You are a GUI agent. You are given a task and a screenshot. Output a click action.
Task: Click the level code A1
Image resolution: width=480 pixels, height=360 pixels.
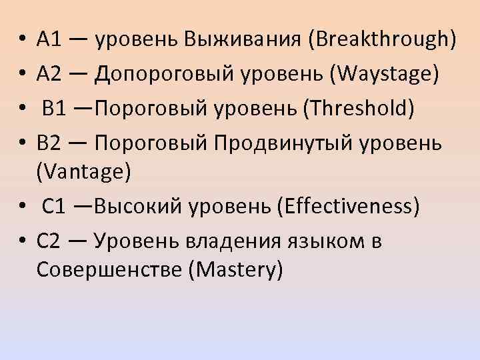pos(50,41)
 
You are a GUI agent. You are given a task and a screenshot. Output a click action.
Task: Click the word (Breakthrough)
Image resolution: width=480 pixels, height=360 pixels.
pos(382,41)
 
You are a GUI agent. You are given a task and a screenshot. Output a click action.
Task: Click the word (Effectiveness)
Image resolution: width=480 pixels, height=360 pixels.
pos(345,207)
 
